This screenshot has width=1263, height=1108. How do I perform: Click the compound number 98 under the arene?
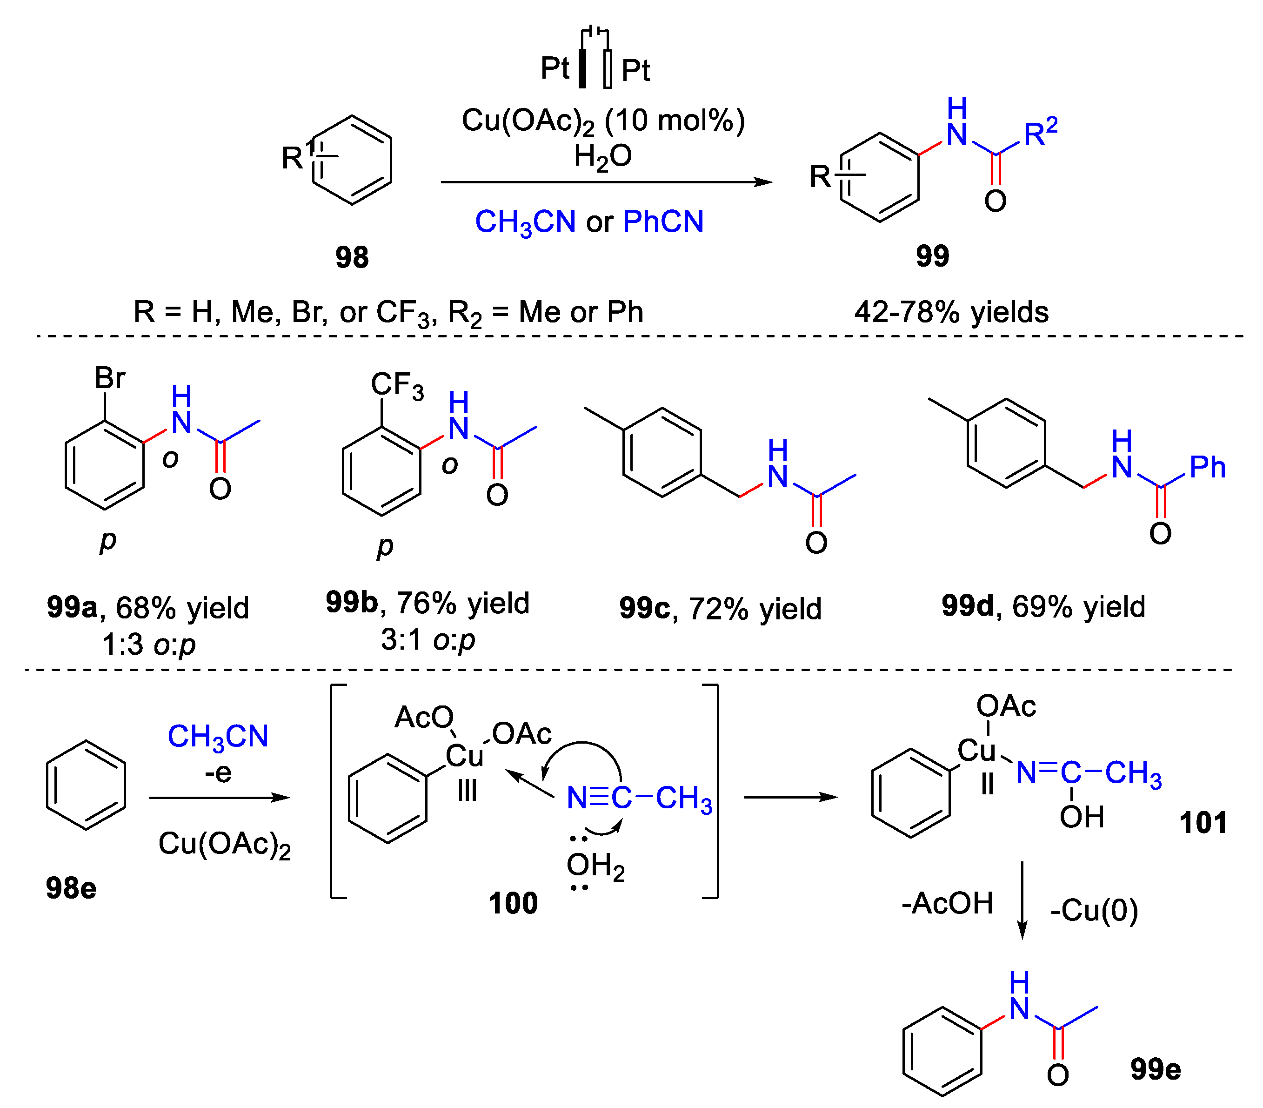352,256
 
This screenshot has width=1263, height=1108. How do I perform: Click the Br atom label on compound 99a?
110,377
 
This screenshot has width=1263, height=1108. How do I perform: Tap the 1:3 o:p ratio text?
148,645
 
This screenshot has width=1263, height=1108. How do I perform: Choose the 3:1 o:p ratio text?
428,639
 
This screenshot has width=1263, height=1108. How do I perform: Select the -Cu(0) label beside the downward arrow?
1094,910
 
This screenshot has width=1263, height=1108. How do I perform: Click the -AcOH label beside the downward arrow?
947,903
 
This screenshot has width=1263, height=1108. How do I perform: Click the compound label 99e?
1156,1068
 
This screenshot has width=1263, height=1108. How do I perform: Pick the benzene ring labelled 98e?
86,785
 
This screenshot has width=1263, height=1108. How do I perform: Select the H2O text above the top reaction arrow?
602,156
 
